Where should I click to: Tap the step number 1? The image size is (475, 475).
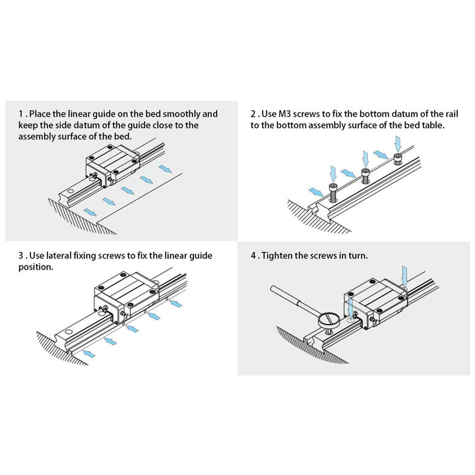pos(21,113)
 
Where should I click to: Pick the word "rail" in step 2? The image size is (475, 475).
pos(435,113)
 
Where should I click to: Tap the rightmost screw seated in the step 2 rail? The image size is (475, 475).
pos(398,158)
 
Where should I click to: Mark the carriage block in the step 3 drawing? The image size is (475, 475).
pos(125,294)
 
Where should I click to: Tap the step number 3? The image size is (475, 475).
pos(21,256)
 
